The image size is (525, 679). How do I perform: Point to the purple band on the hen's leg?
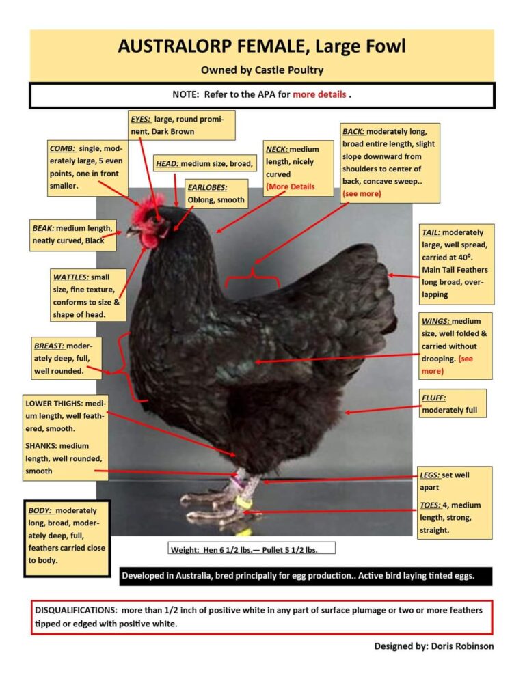237,482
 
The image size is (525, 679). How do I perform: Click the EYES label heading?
142,119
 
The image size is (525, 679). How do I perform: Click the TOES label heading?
431,505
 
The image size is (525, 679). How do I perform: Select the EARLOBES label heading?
207,186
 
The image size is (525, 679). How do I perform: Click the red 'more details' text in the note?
319,95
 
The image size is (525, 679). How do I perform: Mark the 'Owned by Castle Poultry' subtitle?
262,70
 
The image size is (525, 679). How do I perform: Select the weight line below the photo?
252,549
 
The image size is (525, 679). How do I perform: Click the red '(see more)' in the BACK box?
362,194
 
